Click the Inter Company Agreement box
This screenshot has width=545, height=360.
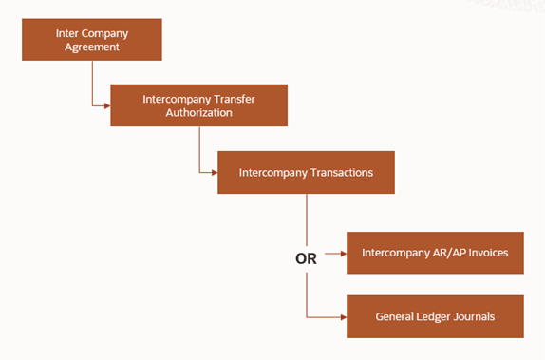92,39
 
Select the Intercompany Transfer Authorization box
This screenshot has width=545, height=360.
197,104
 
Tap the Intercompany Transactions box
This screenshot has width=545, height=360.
305,172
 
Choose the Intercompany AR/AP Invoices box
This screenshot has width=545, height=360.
435,254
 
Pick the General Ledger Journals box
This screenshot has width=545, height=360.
435,315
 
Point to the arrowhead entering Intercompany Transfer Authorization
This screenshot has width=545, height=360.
106,104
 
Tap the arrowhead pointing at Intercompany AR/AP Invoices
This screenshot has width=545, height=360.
342,254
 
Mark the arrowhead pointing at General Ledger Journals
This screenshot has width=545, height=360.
342,315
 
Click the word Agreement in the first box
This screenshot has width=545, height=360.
92,47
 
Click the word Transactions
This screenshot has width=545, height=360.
340,173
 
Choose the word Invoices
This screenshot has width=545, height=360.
489,254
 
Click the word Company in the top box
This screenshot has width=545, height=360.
103,32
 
